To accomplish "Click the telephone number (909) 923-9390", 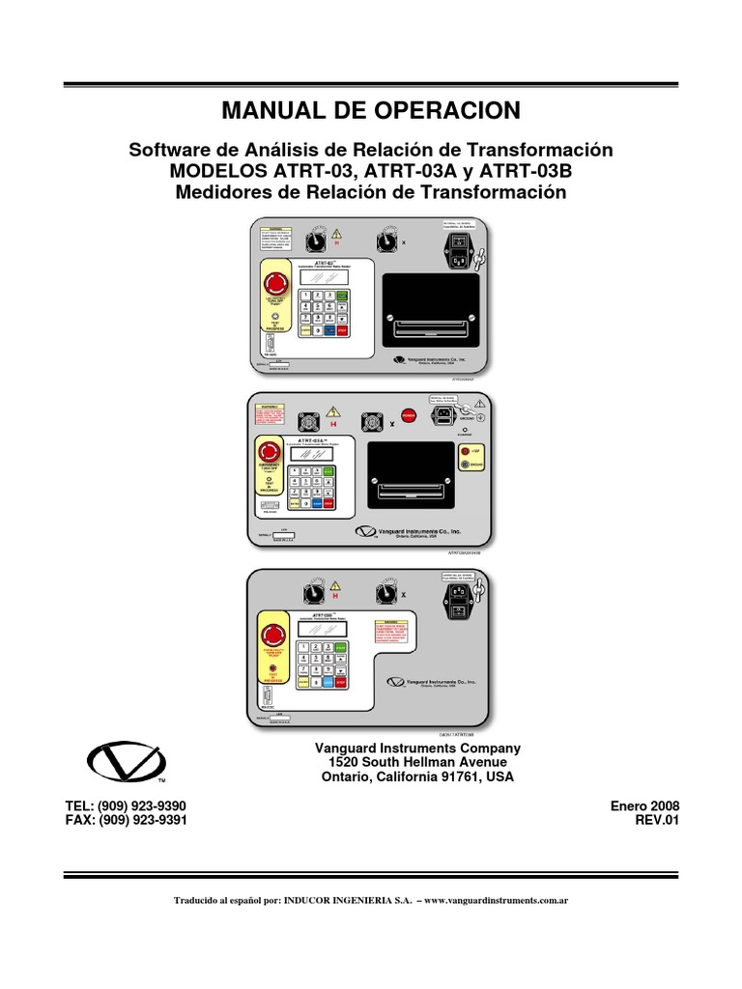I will pos(145,805).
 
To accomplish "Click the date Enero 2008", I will pos(644,805).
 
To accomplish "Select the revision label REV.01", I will pos(656,820).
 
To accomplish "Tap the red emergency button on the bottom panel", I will pos(272,634).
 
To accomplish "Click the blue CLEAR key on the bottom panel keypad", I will pos(328,682).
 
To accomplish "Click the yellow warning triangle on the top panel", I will pos(337,235).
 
